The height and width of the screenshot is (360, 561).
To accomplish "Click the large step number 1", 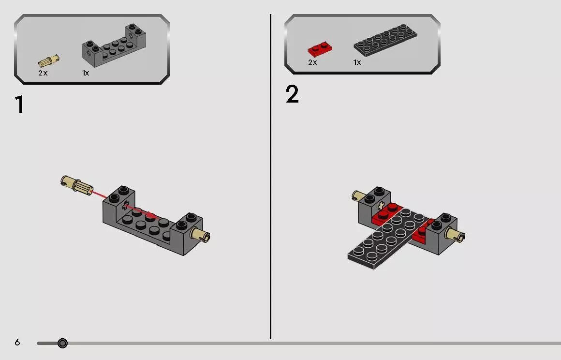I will tap(19, 105).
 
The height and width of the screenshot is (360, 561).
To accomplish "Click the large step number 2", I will tap(292, 95).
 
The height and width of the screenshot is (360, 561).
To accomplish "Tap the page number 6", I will tap(17, 343).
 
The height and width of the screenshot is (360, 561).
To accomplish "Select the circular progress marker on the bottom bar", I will tap(62, 344).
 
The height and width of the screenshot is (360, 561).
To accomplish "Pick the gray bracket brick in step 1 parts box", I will tap(114, 47).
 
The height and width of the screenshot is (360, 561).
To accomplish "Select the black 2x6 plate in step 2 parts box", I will tap(385, 40).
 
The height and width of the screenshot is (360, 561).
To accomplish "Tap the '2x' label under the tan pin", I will tap(43, 73).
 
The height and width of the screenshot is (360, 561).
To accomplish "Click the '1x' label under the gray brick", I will tap(86, 73).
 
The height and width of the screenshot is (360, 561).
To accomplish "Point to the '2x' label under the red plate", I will tap(312, 62).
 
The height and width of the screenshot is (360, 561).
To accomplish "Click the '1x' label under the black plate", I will tap(357, 62).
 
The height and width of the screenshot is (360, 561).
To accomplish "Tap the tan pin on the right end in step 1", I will tap(200, 235).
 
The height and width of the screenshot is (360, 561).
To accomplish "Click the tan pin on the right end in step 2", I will tap(455, 235).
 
